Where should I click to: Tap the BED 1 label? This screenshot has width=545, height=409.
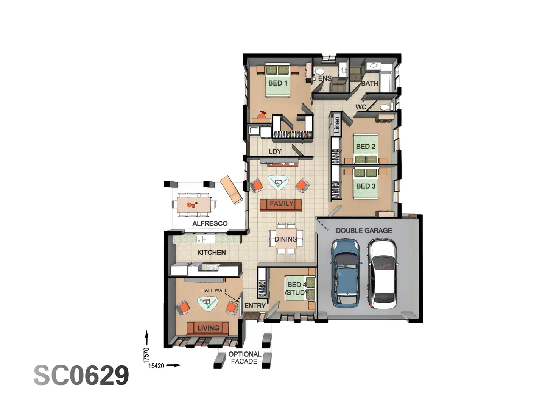click(x=278, y=83)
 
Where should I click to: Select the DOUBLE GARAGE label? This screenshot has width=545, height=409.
click(x=364, y=230)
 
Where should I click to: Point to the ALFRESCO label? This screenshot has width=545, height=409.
click(x=210, y=223)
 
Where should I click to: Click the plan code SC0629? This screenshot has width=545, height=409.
click(x=81, y=375)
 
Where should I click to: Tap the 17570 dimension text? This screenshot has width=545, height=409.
click(x=146, y=355)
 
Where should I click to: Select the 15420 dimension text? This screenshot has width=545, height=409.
click(x=156, y=366)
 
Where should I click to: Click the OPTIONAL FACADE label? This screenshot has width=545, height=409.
click(x=244, y=357)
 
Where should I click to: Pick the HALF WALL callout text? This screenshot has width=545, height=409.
click(x=214, y=290)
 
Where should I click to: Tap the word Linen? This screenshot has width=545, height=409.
click(x=336, y=125)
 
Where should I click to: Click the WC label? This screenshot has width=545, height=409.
click(x=361, y=107)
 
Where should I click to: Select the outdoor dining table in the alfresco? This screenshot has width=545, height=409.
click(x=194, y=204)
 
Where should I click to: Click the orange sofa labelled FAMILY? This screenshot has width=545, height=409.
click(x=281, y=205)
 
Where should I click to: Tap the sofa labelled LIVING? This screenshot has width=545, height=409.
click(x=208, y=328)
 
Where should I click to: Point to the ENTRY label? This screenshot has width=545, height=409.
click(x=255, y=306)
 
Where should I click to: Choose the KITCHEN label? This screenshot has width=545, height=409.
click(x=211, y=253)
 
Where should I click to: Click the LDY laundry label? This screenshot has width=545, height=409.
click(x=275, y=151)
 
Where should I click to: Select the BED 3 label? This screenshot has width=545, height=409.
click(x=366, y=186)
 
